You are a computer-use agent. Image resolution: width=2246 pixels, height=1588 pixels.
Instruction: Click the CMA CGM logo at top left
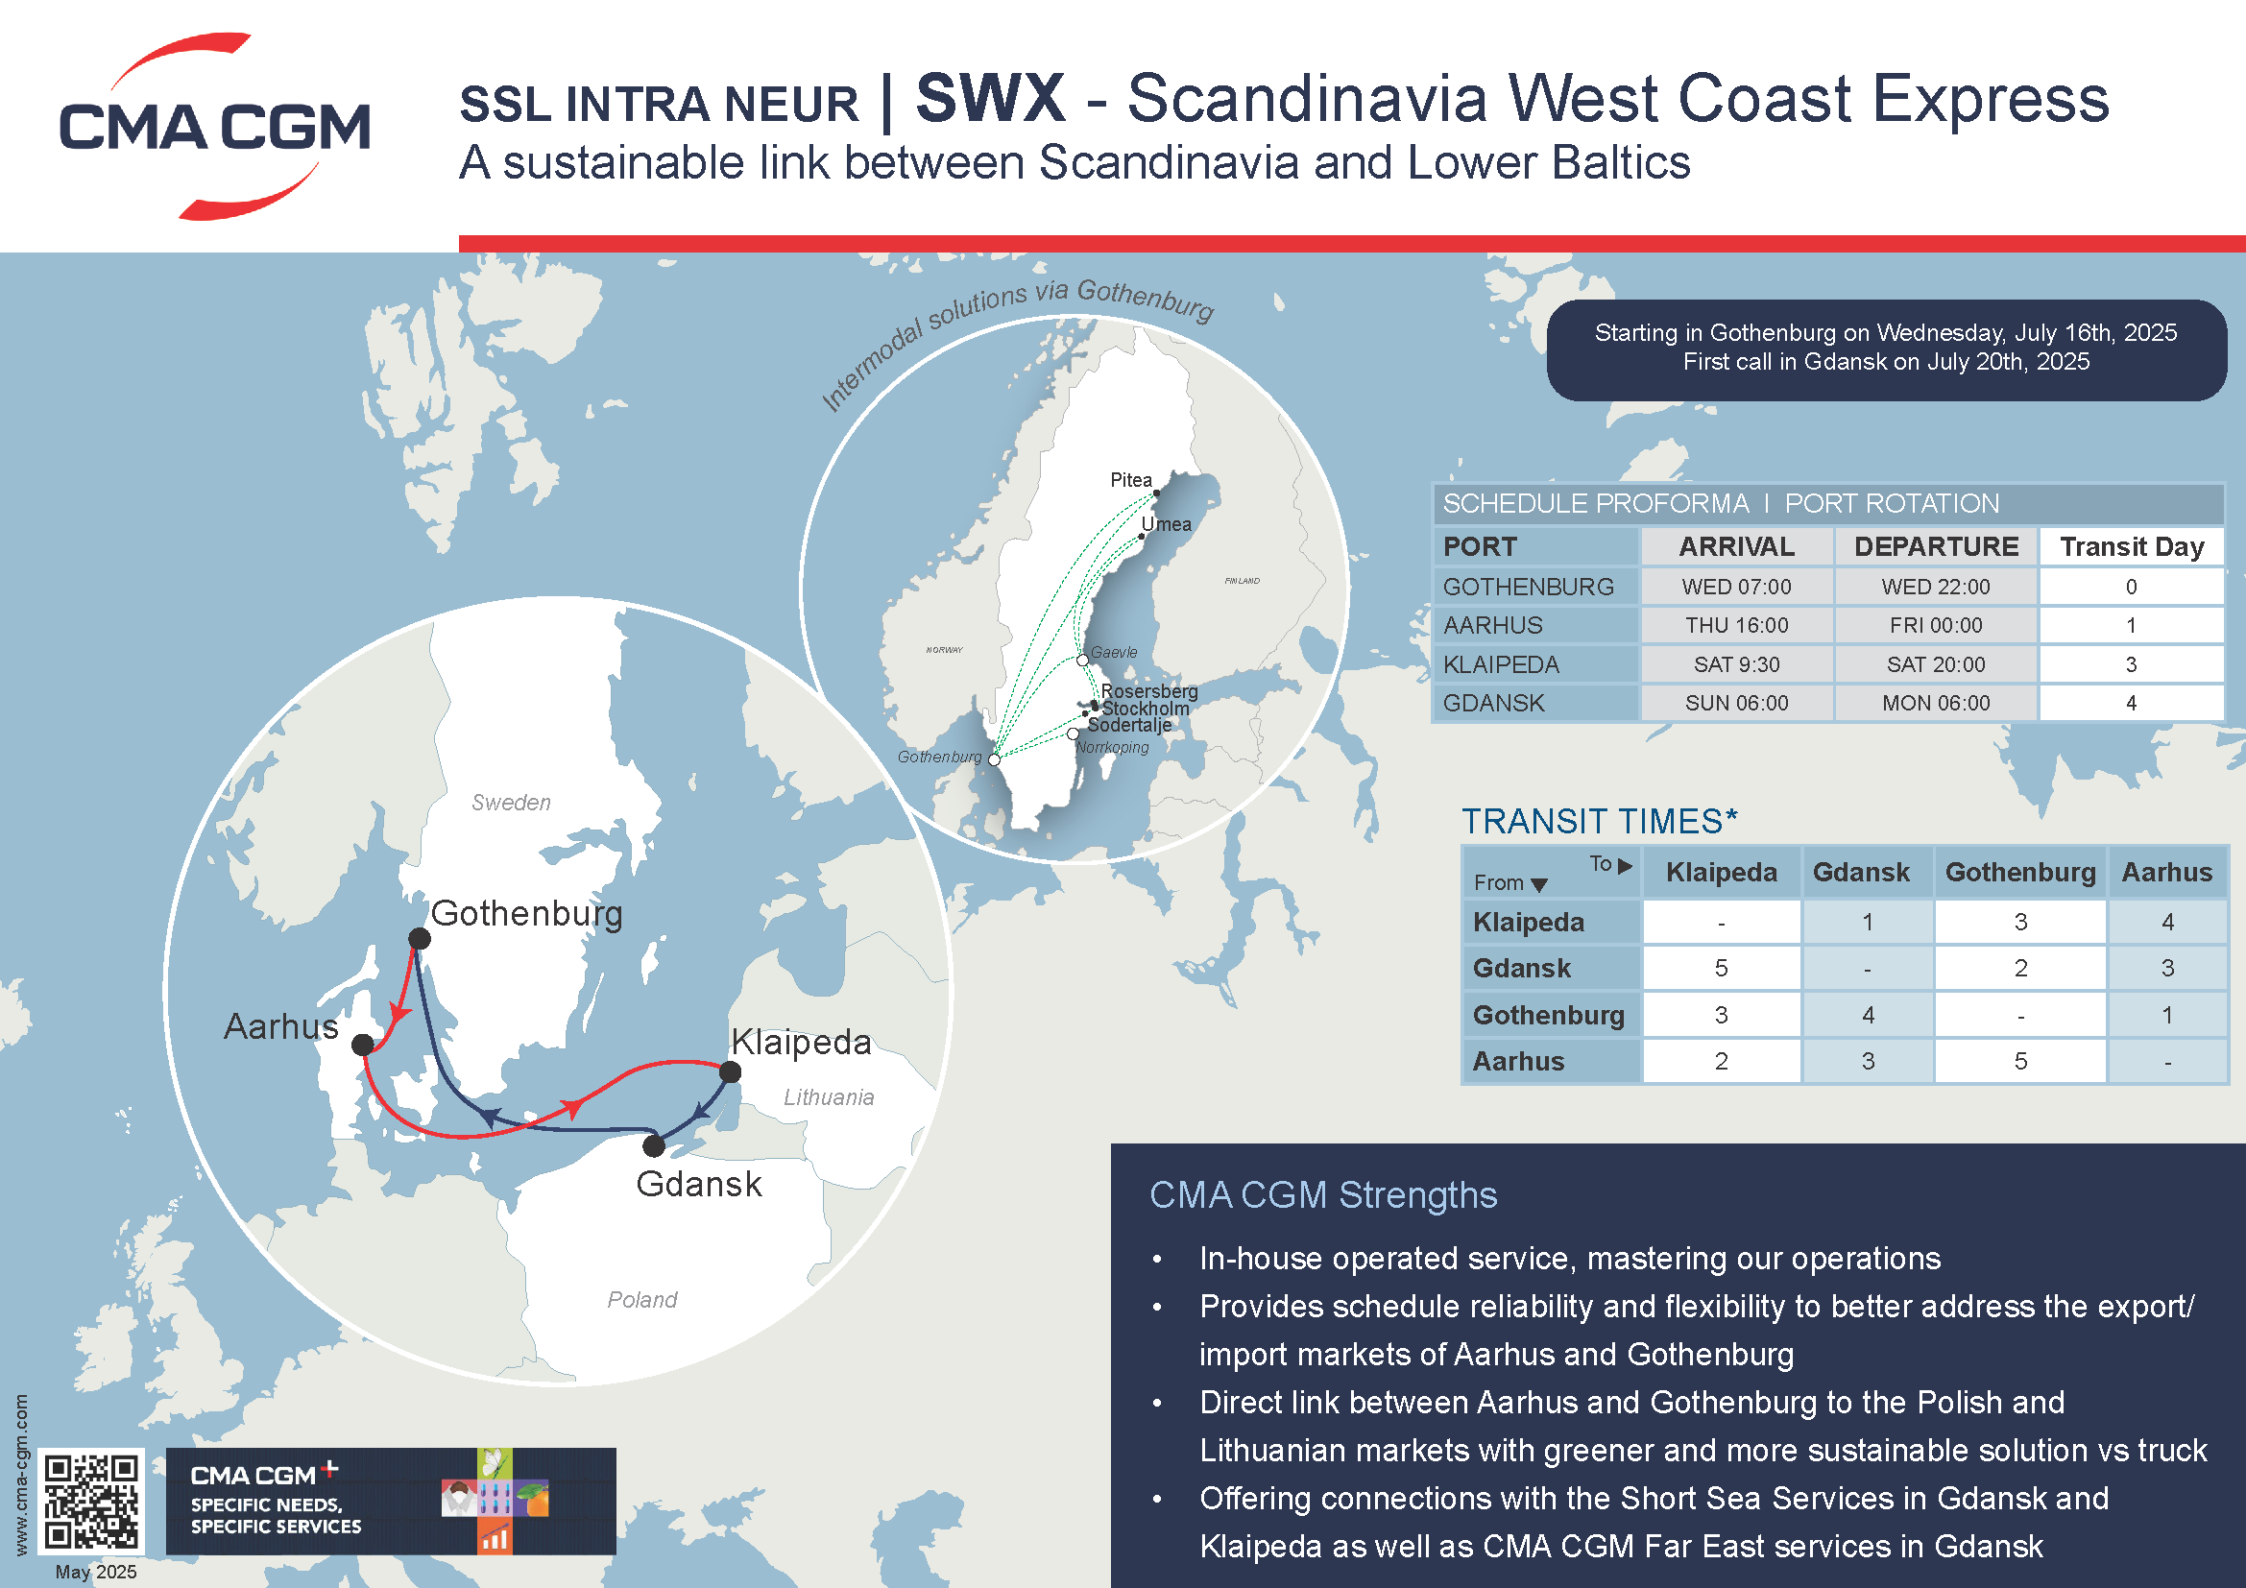tap(214, 127)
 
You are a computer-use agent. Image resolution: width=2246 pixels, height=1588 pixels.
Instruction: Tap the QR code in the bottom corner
tap(91, 1501)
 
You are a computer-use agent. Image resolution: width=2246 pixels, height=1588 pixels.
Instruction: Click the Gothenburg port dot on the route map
tap(419, 939)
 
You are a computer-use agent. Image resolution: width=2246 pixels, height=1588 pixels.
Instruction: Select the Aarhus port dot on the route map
tap(363, 1045)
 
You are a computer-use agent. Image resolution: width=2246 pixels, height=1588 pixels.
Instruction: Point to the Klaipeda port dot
tap(730, 1072)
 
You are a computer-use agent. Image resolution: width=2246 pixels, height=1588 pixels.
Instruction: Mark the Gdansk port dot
tap(655, 1145)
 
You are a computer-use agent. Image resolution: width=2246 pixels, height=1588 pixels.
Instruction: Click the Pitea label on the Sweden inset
tap(1131, 480)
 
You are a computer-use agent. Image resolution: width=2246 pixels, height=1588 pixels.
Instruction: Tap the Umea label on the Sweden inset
tap(1166, 524)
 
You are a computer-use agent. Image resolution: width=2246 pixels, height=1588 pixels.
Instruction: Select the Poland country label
tap(641, 1300)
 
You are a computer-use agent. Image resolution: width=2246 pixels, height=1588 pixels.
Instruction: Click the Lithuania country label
tap(829, 1097)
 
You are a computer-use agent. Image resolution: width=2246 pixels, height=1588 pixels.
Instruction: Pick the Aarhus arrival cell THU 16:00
tap(1736, 626)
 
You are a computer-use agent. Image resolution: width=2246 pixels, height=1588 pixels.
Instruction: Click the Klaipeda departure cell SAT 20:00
tap(1935, 665)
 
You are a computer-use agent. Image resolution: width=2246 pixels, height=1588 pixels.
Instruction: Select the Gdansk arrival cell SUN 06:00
tap(1736, 703)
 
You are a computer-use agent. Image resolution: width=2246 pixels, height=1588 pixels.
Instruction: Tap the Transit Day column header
tap(2132, 546)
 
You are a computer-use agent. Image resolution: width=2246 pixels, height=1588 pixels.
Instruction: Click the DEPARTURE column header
tap(1936, 546)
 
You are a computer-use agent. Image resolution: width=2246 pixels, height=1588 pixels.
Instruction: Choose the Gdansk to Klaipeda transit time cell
tap(1721, 968)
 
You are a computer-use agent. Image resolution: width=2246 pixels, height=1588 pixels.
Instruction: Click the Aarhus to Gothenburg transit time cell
tap(2020, 1061)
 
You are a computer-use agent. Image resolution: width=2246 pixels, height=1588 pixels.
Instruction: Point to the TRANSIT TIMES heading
tap(1599, 822)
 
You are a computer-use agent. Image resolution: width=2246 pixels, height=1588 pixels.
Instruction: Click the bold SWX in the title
tap(990, 99)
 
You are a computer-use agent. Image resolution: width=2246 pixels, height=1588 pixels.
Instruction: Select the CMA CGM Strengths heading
tap(1322, 1195)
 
